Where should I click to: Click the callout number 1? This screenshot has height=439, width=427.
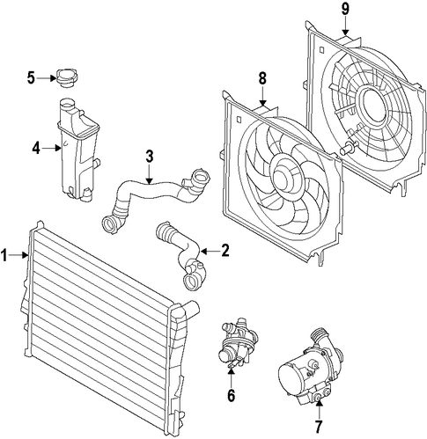pyautogui.click(x=4, y=255)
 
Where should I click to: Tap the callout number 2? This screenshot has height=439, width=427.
pyautogui.click(x=225, y=251)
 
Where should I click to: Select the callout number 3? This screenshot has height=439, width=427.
pyautogui.click(x=150, y=157)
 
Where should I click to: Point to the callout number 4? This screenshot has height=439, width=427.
pyautogui.click(x=36, y=149)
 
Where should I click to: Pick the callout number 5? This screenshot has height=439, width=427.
pyautogui.click(x=31, y=78)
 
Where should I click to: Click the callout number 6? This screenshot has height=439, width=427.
pyautogui.click(x=232, y=396)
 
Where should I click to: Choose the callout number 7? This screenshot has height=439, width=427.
pyautogui.click(x=319, y=427)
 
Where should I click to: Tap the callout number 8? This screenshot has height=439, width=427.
pyautogui.click(x=262, y=78)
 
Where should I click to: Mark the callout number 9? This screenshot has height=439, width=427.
pyautogui.click(x=345, y=9)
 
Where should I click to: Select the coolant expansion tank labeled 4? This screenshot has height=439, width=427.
pyautogui.click(x=79, y=150)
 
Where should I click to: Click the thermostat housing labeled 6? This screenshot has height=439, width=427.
pyautogui.click(x=235, y=344)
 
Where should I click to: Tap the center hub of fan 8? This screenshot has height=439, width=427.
pyautogui.click(x=284, y=176)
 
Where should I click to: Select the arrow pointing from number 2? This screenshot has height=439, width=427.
pyautogui.click(x=210, y=252)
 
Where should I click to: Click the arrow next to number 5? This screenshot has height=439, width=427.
pyautogui.click(x=47, y=78)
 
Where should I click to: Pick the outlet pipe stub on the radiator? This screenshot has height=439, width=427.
pyautogui.click(x=191, y=310)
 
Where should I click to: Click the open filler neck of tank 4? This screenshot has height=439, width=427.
pyautogui.click(x=67, y=104)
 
